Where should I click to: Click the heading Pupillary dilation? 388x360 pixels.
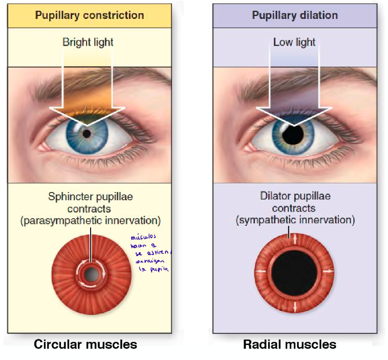(x=295, y=15)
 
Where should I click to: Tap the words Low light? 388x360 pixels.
(x=295, y=42)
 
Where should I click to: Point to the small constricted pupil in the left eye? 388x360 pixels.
(x=87, y=134)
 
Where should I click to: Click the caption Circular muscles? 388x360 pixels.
(x=85, y=345)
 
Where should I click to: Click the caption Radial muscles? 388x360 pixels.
(x=290, y=345)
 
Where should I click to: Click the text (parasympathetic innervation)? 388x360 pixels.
(x=91, y=221)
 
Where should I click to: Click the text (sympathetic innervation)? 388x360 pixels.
(x=295, y=221)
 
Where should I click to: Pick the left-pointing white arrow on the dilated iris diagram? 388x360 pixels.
(x=260, y=270)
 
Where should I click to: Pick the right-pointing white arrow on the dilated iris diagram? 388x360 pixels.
(x=329, y=270)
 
